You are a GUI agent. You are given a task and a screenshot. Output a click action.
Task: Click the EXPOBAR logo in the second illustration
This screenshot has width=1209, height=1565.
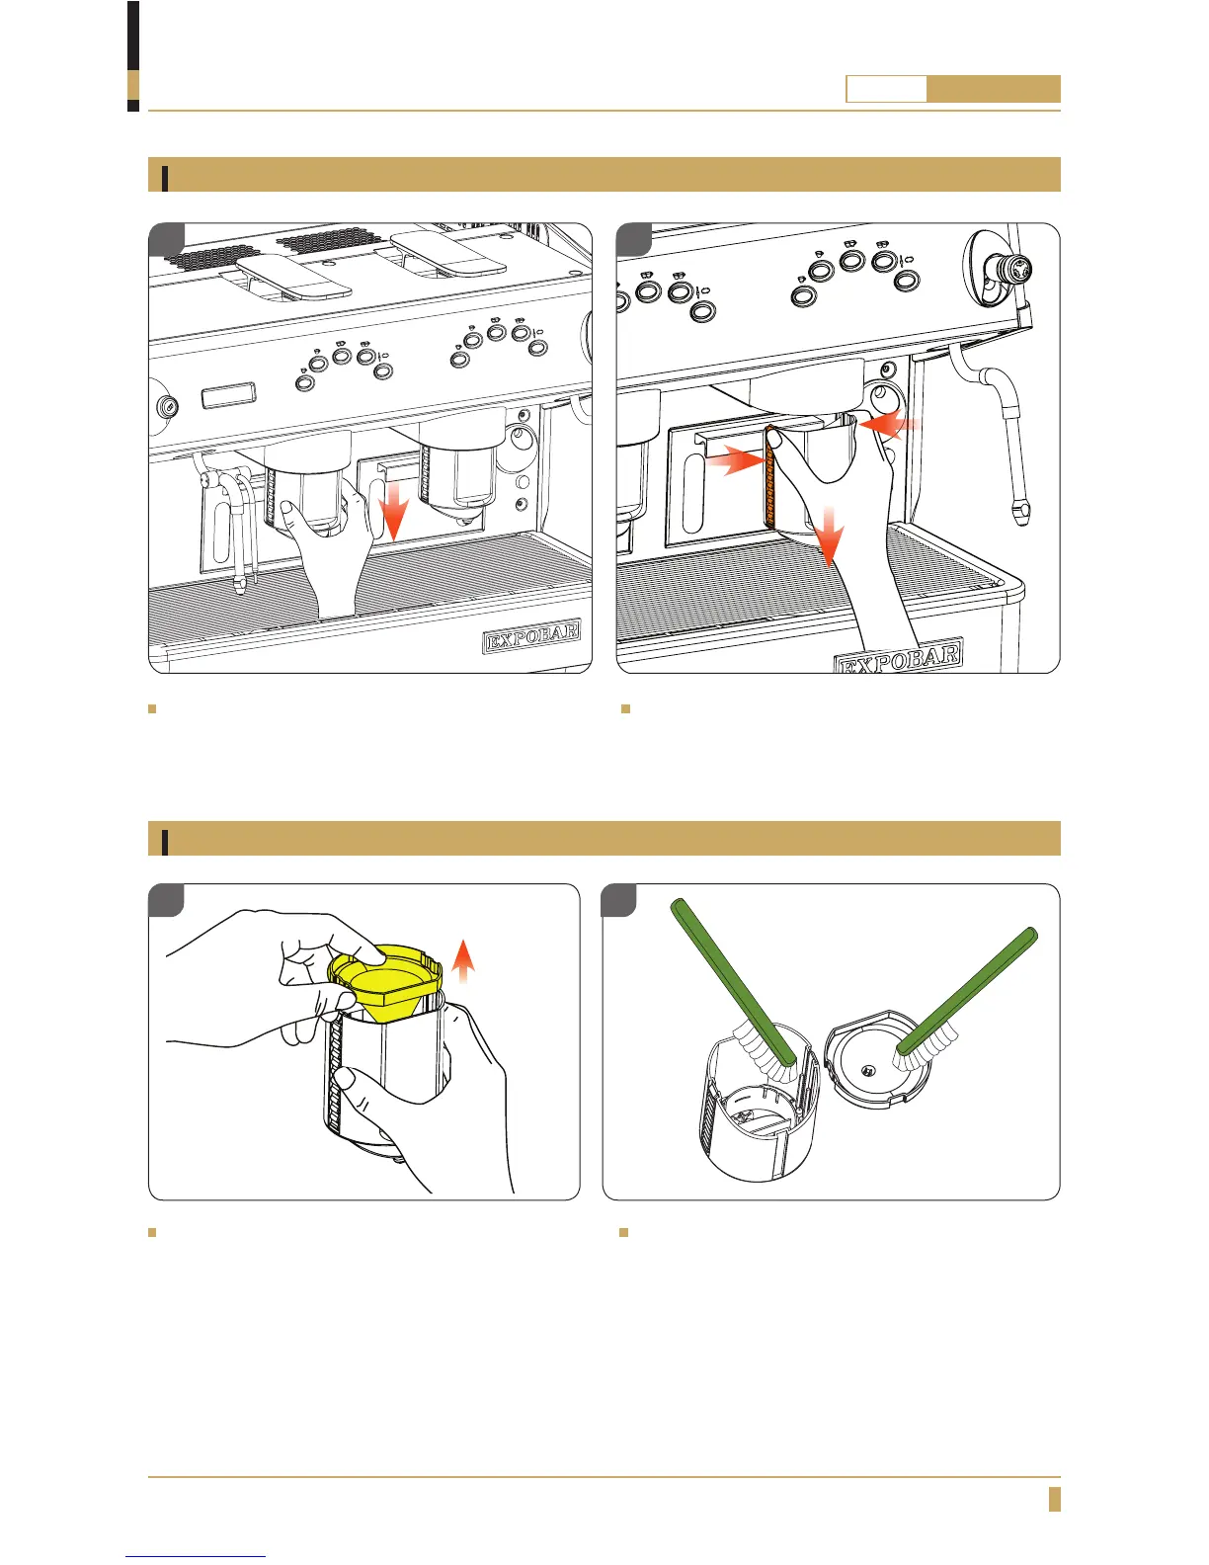[x=899, y=657]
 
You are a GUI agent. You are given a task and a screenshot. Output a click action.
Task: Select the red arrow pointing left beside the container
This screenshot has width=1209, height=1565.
[x=891, y=424]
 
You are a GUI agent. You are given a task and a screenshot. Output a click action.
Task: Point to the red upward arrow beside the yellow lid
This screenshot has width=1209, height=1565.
[x=462, y=965]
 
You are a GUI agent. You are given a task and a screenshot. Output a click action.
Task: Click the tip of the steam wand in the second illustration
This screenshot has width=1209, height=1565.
[x=1019, y=513]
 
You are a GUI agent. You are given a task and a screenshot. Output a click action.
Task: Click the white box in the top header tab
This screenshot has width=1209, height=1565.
[x=886, y=90]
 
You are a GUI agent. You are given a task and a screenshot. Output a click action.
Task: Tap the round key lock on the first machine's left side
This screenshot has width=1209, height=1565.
[x=167, y=406]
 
